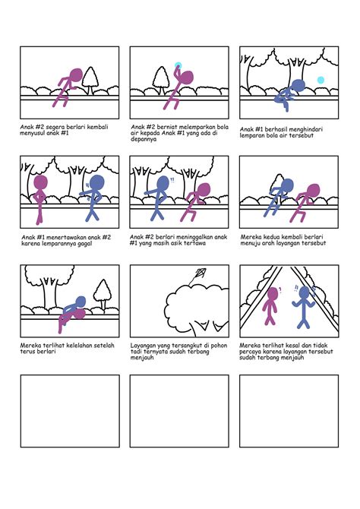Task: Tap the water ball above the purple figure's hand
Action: tap(178, 65)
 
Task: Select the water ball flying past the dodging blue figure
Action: tap(321, 80)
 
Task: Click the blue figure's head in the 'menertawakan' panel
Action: tap(96, 182)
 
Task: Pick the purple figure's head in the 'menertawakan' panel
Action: tap(40, 183)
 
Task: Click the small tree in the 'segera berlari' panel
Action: tap(91, 77)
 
